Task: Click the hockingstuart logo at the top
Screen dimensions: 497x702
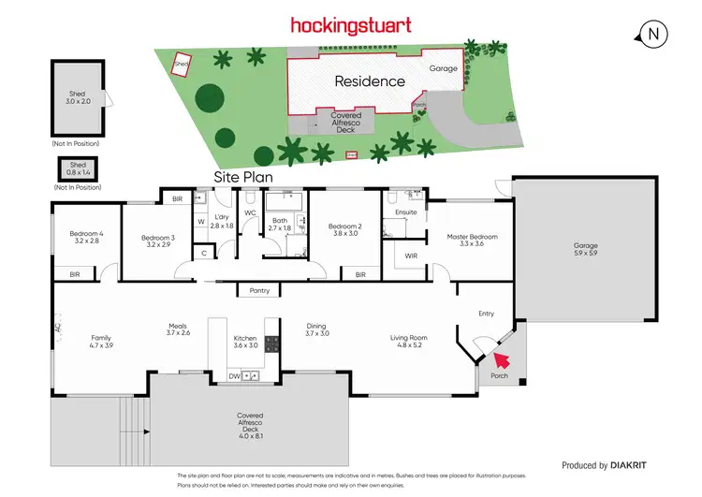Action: (350, 24)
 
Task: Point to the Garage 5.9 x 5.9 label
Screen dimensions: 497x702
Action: (586, 249)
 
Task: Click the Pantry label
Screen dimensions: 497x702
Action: (259, 291)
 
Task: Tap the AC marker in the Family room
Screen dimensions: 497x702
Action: (57, 329)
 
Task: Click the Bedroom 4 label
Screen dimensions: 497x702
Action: (86, 237)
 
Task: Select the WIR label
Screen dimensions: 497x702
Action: (411, 256)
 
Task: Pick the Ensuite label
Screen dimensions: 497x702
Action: (406, 212)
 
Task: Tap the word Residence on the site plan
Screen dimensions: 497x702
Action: (371, 81)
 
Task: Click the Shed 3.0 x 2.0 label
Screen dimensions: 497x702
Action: (78, 98)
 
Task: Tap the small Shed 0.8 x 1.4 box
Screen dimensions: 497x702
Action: (78, 168)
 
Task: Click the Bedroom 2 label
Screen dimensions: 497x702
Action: (345, 229)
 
